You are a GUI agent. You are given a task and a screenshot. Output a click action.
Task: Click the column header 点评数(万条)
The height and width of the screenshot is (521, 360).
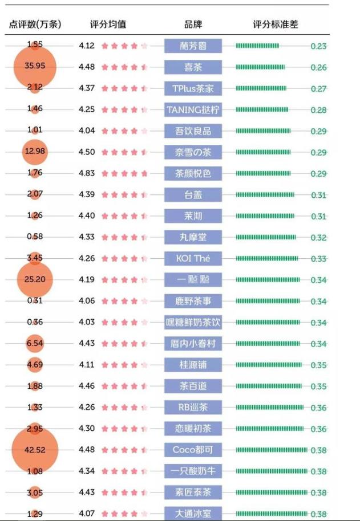(35, 25)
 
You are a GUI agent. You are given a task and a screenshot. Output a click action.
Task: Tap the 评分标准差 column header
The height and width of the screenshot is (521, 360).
(276, 25)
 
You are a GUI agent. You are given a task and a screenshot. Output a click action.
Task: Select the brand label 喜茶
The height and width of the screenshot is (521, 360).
(193, 67)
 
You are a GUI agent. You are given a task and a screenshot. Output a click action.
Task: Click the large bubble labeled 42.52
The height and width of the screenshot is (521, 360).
(35, 450)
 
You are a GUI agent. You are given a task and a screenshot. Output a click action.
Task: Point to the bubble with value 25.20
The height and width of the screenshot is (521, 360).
(35, 280)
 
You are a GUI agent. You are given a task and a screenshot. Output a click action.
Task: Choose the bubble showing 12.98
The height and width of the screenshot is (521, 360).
(35, 152)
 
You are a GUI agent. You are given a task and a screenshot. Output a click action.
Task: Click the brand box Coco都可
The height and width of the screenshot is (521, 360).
(193, 450)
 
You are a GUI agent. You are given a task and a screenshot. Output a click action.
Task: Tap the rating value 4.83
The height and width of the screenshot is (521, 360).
(87, 173)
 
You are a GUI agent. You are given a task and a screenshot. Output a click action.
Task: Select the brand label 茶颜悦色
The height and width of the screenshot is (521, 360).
(193, 173)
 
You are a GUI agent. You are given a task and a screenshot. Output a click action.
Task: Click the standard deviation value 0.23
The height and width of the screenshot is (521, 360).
(319, 46)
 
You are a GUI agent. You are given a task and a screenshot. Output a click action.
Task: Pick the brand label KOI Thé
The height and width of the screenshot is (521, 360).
(193, 258)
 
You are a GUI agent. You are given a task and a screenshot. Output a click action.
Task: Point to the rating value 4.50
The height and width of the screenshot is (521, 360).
(87, 152)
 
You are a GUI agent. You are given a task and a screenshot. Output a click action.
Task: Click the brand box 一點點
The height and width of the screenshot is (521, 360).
(193, 280)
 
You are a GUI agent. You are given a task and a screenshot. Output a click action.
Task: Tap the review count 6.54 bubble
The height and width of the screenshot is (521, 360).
(35, 344)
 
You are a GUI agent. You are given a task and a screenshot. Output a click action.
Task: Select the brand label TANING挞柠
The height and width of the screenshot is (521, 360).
(193, 109)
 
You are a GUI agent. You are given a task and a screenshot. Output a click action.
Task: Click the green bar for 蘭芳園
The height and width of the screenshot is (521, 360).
(257, 46)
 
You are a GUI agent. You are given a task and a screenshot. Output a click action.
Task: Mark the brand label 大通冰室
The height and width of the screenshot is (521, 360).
(193, 514)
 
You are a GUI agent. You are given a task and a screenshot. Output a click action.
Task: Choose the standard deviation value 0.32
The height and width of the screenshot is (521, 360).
(319, 238)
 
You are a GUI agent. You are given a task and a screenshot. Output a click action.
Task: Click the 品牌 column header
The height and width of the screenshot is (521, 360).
(193, 25)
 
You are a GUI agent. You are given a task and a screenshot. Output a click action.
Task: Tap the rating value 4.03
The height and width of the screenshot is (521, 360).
(87, 323)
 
